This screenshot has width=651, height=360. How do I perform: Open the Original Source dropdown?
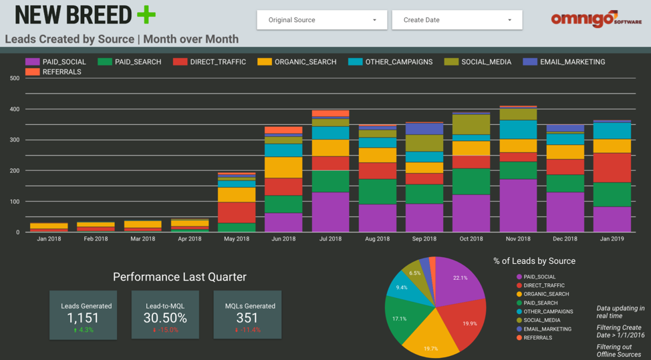[x=321, y=20]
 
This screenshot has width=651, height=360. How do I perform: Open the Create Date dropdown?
[x=457, y=20]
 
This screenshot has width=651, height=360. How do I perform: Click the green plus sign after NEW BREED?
[x=145, y=15]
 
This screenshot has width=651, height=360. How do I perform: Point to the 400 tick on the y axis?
[x=14, y=109]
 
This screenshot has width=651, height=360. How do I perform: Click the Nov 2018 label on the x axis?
[x=518, y=238]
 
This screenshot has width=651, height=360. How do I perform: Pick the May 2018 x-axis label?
[x=237, y=238]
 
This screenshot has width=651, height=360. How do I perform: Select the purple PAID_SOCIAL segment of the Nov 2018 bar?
[x=518, y=206]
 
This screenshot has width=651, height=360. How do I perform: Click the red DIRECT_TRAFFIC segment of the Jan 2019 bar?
[x=612, y=168]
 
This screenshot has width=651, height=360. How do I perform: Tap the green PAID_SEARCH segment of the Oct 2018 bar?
[x=471, y=181]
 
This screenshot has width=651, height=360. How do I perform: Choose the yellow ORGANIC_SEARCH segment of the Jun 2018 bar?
[x=283, y=167]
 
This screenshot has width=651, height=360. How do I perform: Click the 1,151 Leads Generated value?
[x=83, y=319]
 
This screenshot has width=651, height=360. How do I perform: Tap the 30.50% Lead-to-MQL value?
[x=165, y=319]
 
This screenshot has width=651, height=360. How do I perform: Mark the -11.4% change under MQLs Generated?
[x=247, y=330]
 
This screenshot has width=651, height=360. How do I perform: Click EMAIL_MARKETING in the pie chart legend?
[x=547, y=329]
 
